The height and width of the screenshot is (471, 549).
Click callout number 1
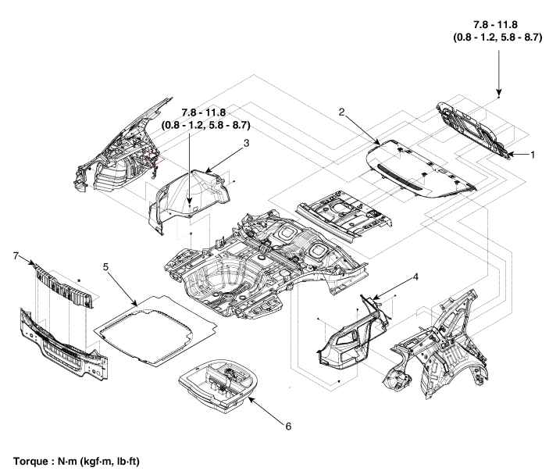coord(533,155)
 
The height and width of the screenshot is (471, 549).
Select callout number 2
coord(341,112)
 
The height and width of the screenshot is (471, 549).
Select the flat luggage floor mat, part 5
coord(156,329)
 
